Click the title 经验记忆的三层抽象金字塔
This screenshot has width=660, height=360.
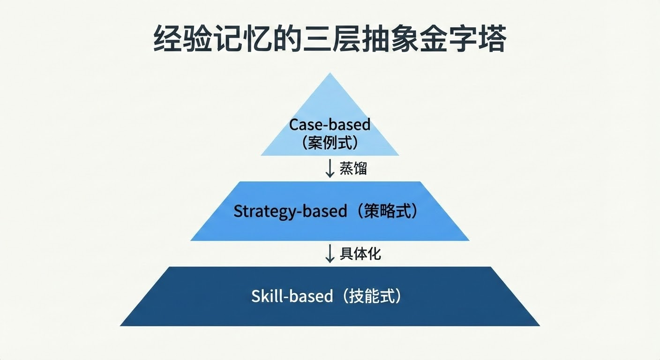pyautogui.click(x=330, y=39)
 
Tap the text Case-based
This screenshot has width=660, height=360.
pyautogui.click(x=330, y=125)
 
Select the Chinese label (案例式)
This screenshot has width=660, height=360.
pyautogui.click(x=330, y=142)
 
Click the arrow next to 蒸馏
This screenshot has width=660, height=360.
pyautogui.click(x=330, y=168)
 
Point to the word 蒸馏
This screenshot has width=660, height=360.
pyautogui.click(x=353, y=168)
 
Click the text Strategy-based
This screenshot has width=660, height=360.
pyautogui.click(x=290, y=211)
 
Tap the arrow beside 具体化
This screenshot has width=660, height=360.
pyautogui.click(x=330, y=254)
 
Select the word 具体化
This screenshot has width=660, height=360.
pyautogui.click(x=360, y=254)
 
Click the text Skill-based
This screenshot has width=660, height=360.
pyautogui.click(x=292, y=296)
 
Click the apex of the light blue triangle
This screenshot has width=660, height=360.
pyautogui.click(x=330, y=75)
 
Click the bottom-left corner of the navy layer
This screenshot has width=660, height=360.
pyautogui.click(x=122, y=325)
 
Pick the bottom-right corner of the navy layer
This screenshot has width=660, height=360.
pyautogui.click(x=538, y=325)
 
